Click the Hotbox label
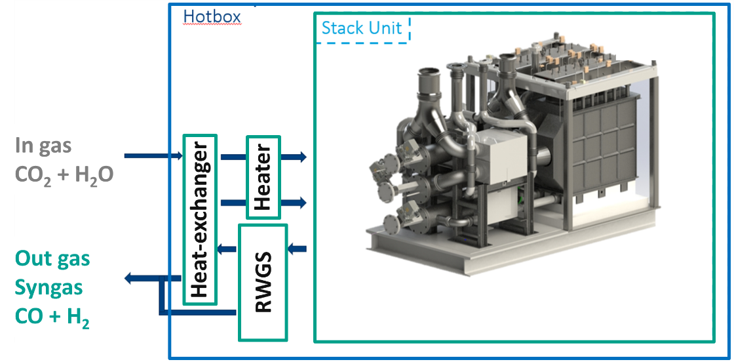click(x=212, y=16)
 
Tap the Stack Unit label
click(x=361, y=29)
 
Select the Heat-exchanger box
click(x=199, y=220)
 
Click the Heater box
click(x=263, y=177)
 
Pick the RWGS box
click(x=263, y=282)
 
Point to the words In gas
click(x=44, y=146)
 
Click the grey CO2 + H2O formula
click(x=64, y=174)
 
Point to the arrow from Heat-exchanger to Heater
click(x=232, y=157)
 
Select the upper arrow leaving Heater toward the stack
click(x=293, y=157)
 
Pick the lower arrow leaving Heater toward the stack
click(x=293, y=202)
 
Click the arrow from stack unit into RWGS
click(x=298, y=249)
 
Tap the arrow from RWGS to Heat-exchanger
click(x=227, y=248)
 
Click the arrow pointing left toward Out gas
click(x=141, y=279)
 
